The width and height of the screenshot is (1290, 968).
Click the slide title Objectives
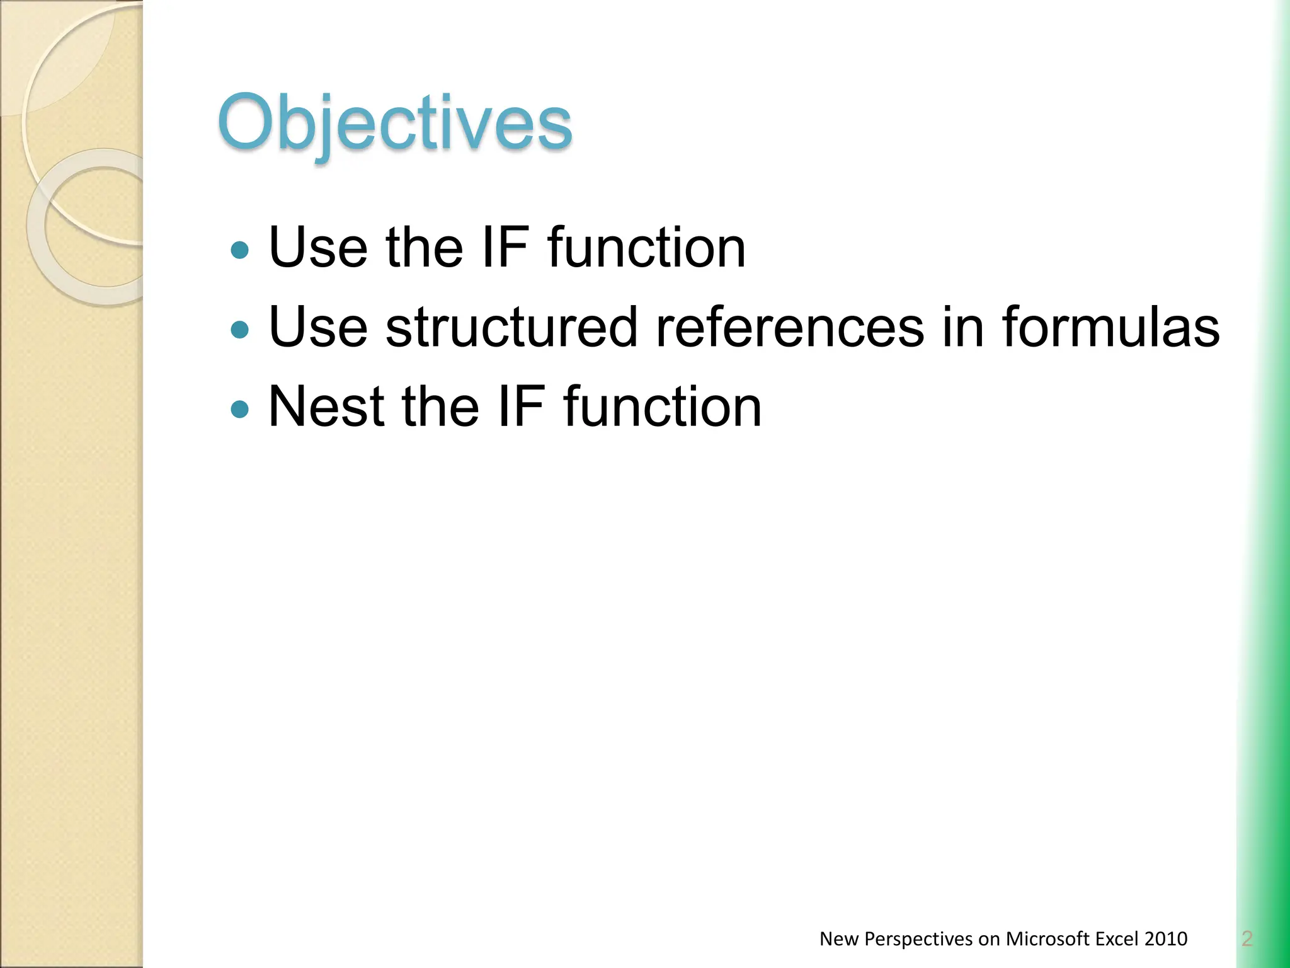(395, 124)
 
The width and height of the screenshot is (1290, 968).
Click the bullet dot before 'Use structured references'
(240, 329)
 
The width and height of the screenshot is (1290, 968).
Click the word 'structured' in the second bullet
(511, 327)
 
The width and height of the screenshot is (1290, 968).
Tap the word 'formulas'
(1110, 327)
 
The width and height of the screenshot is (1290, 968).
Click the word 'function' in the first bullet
(646, 248)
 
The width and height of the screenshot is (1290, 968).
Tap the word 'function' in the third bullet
(663, 407)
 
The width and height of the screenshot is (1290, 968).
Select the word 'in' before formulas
(962, 327)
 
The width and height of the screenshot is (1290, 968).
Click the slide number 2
(1247, 939)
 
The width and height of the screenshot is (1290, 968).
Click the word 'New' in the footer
(839, 939)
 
